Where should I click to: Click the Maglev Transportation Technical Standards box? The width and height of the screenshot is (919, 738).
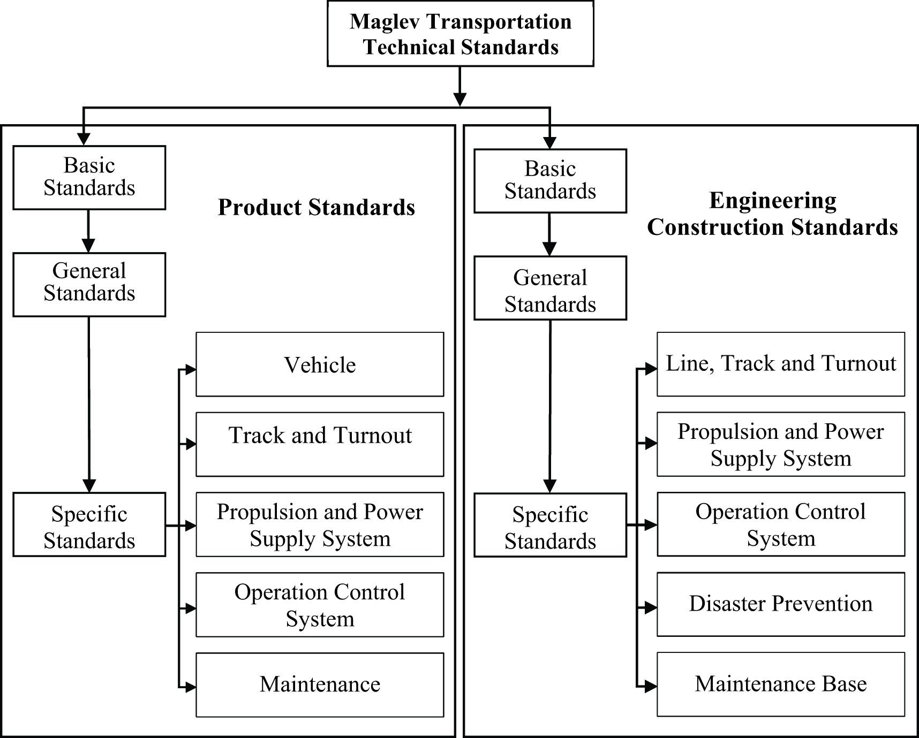460,34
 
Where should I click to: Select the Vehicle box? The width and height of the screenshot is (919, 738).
320,364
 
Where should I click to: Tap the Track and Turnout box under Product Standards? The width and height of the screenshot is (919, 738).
320,444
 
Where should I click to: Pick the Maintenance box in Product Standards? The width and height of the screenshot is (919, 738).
320,684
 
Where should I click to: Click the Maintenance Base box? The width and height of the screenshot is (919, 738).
780,684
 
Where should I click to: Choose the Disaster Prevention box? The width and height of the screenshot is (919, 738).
780,604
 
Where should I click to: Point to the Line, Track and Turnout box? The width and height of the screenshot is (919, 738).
780,364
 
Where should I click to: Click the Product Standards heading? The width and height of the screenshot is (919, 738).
316,208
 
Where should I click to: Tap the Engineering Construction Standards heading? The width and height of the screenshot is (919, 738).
772,214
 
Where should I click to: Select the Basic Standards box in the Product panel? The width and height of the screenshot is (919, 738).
89,177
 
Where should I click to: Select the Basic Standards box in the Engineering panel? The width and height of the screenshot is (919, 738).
550,181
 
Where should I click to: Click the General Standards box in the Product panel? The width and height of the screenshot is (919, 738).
89,284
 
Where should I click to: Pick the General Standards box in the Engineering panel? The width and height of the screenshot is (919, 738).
550,288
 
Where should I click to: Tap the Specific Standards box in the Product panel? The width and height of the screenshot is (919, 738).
89,524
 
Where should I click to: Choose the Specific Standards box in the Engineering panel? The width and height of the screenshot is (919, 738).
550,525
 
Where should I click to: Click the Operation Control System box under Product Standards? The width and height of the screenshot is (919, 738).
320,605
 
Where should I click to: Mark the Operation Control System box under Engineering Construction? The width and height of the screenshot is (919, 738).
780,524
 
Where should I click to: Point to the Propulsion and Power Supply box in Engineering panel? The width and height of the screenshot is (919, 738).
780,444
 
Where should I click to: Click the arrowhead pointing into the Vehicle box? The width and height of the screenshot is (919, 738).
191,369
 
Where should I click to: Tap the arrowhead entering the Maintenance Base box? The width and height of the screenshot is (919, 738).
651,686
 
